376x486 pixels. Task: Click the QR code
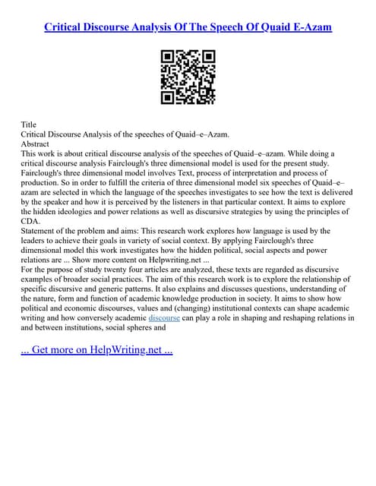188,76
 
